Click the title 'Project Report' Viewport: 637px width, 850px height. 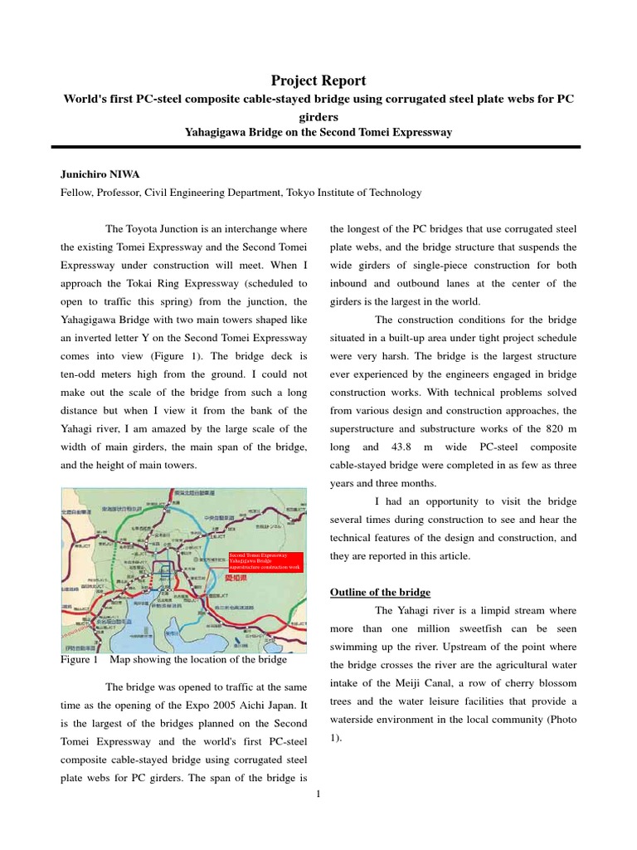tap(318, 80)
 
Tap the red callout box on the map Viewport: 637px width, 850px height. tap(265, 560)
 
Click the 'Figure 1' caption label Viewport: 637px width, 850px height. tap(80, 660)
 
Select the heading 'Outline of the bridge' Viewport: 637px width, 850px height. tap(380, 592)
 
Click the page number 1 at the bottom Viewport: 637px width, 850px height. tap(318, 794)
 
